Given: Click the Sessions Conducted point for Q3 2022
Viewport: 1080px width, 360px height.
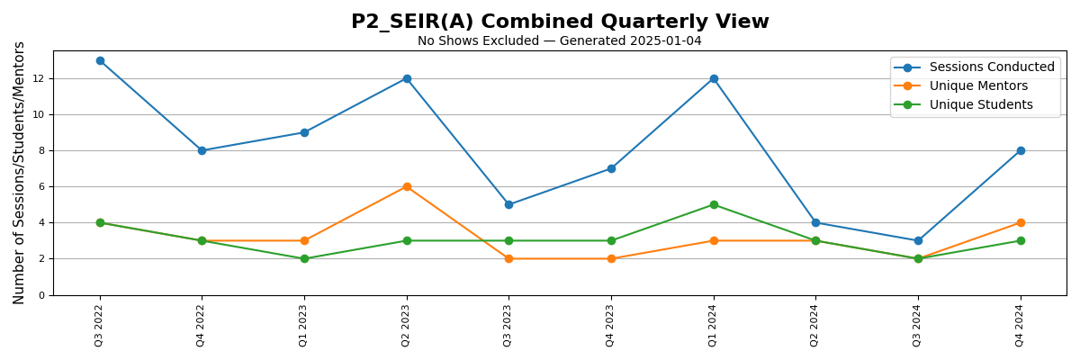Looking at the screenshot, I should tap(100, 60).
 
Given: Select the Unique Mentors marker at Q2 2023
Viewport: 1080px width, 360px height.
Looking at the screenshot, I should tap(407, 186).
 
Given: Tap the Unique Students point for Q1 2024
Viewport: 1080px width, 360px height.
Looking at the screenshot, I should tap(714, 204).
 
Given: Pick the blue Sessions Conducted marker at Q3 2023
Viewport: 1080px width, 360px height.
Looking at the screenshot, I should tap(508, 204).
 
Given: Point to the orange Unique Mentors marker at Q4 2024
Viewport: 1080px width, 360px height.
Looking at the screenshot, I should tap(1021, 222).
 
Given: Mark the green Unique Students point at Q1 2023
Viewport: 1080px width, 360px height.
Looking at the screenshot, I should tap(304, 258).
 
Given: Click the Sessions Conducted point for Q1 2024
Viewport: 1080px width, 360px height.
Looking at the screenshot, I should tap(714, 78).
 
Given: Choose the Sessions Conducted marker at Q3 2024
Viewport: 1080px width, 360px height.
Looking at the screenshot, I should tap(918, 240).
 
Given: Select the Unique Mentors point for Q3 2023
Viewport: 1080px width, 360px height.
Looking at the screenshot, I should tap(508, 258).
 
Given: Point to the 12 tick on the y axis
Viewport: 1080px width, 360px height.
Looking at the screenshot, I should tap(40, 78).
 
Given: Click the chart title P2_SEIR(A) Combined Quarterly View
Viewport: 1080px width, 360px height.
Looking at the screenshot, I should tap(560, 22).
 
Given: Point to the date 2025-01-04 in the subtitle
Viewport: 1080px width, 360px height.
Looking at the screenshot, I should tap(669, 41).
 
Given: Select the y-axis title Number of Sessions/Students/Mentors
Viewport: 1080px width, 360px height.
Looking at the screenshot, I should tap(20, 173).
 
